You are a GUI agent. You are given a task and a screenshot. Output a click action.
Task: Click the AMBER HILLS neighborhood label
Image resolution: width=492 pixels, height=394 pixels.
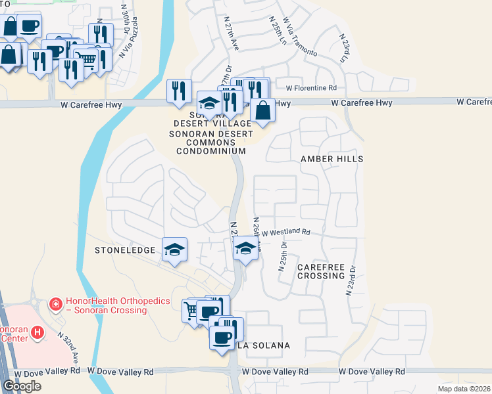click(332, 159)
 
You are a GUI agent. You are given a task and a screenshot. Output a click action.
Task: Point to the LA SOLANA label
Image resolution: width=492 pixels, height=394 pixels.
click(263, 345)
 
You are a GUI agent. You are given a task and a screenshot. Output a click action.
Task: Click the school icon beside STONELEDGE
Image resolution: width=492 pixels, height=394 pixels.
click(174, 250)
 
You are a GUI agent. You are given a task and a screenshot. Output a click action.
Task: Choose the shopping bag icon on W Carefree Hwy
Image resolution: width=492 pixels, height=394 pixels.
click(262, 110)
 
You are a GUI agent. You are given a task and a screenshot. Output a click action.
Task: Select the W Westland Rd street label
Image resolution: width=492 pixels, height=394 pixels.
click(285, 232)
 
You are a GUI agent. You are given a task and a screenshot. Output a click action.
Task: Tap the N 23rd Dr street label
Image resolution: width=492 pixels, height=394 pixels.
click(351, 280)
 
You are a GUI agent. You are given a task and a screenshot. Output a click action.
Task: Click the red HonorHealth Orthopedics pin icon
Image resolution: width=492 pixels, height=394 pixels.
click(56, 304)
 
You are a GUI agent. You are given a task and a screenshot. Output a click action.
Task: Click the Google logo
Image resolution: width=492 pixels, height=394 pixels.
click(22, 386)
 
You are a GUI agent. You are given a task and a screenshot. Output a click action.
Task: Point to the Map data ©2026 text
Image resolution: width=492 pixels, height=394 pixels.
click(464, 389)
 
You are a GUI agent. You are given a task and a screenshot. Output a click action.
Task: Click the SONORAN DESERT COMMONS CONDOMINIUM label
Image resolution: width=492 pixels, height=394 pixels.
click(211, 142)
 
